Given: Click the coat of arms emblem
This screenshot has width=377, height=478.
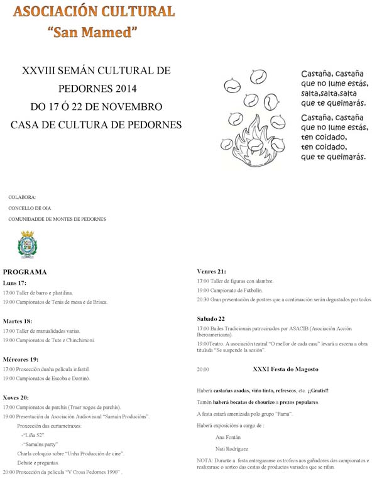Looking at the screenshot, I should pyautogui.click(x=27, y=245).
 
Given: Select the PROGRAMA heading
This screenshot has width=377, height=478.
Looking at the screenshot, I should pyautogui.click(x=25, y=272).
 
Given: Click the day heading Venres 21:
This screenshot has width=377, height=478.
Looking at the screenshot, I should pyautogui.click(x=211, y=271).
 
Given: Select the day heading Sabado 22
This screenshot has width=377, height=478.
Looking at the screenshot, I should pyautogui.click(x=210, y=318).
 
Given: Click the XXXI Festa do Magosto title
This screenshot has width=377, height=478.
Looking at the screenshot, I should pyautogui.click(x=285, y=369).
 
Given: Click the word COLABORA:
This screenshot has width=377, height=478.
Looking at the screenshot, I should pyautogui.click(x=22, y=197).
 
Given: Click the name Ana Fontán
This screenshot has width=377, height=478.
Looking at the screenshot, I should pyautogui.click(x=227, y=436).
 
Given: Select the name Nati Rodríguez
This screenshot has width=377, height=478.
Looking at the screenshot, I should pyautogui.click(x=231, y=449).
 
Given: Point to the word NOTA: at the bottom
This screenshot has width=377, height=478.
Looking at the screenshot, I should pyautogui.click(x=205, y=460).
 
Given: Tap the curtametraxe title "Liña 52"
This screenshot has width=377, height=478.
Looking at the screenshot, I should pyautogui.click(x=33, y=435).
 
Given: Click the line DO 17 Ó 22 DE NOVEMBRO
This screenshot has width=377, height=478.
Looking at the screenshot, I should pyautogui.click(x=96, y=106).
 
